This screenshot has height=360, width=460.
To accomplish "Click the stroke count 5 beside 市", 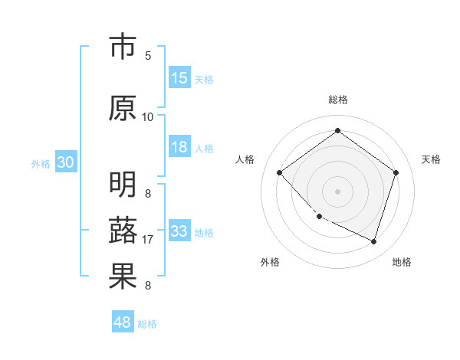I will [148, 56].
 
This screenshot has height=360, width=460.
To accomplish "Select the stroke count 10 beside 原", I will [148, 117].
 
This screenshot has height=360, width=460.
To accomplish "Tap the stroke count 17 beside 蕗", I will [148, 240].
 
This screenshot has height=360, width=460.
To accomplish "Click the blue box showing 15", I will [179, 78].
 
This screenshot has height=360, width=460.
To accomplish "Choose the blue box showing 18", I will [179, 147].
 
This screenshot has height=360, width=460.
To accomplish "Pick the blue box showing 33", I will [179, 231].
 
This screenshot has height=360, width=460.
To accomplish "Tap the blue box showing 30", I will [65, 162].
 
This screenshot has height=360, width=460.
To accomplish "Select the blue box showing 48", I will [123, 322].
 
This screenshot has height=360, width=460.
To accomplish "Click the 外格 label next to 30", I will [41, 164].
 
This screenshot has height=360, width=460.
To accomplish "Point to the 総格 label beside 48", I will [147, 324].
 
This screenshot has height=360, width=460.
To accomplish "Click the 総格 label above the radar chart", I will [337, 100].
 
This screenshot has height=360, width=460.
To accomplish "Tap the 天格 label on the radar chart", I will [431, 159].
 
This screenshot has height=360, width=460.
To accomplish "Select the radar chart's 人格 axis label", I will [245, 159].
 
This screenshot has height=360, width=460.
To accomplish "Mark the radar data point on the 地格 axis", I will [373, 241].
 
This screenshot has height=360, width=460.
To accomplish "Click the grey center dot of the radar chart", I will [337, 191].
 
